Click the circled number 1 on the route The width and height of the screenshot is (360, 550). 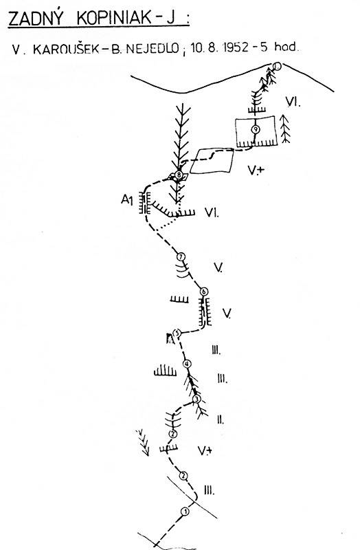tap(185, 511)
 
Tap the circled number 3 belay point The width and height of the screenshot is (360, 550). tap(196, 399)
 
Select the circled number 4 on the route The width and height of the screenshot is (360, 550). tap(187, 364)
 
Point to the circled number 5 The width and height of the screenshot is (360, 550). tap(177, 333)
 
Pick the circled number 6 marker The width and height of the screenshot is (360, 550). tap(204, 291)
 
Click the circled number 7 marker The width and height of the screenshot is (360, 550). tap(181, 256)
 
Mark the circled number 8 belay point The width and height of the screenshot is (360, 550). tap(179, 175)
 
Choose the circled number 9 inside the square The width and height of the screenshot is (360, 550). tap(256, 129)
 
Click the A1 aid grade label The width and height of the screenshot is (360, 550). tap(127, 200)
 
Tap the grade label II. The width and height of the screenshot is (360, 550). tap(220, 419)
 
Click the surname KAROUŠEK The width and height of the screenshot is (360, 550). tap(66, 49)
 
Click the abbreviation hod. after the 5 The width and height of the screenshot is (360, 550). tap(286, 47)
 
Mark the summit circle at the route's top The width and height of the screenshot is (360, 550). tap(277, 66)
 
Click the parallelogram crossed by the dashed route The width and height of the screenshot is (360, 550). tap(212, 161)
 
